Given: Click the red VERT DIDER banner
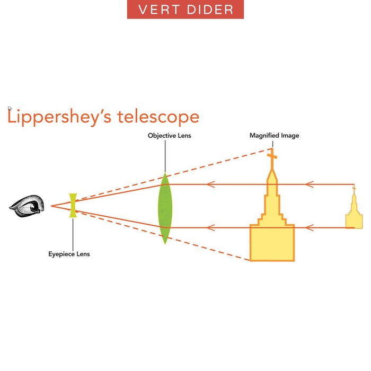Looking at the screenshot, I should (x=185, y=10).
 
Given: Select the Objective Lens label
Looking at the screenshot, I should (x=169, y=136).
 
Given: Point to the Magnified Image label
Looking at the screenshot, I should (x=274, y=136).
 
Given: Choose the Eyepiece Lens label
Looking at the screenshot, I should (x=69, y=254).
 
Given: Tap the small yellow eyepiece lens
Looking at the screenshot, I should (x=73, y=206).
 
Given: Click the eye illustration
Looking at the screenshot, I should (x=27, y=205).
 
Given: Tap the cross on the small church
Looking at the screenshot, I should (x=354, y=189).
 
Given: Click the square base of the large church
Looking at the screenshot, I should (x=272, y=242).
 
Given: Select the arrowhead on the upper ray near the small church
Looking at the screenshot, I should (x=310, y=184).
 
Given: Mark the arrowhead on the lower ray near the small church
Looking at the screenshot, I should (x=310, y=227).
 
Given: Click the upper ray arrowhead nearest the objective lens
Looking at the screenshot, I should (x=210, y=184).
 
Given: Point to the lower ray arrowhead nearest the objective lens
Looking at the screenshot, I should (x=210, y=227).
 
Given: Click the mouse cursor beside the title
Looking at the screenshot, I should (x=10, y=109).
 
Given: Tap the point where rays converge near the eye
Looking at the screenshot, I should (x=51, y=205).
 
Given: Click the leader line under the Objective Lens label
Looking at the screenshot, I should (x=165, y=156).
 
